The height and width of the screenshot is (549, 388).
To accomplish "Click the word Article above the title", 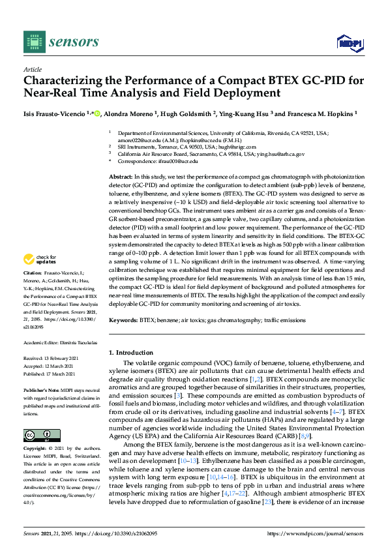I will tap(32, 69).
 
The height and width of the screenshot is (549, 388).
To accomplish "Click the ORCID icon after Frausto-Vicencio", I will tap(97, 113).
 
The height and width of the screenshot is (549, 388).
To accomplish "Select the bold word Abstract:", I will tap(120, 177).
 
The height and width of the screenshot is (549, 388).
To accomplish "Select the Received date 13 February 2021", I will tap(59, 358).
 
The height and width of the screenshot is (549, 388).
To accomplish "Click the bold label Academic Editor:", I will tap(42, 342).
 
